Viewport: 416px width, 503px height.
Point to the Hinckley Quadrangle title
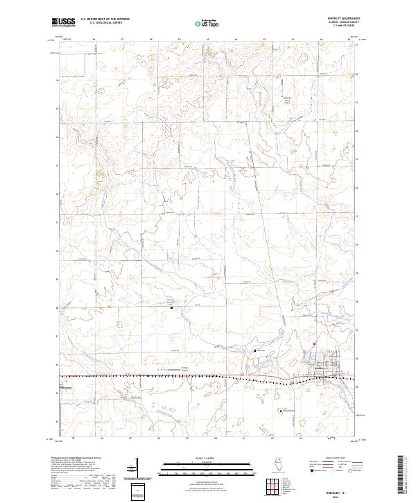pos(338,19)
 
